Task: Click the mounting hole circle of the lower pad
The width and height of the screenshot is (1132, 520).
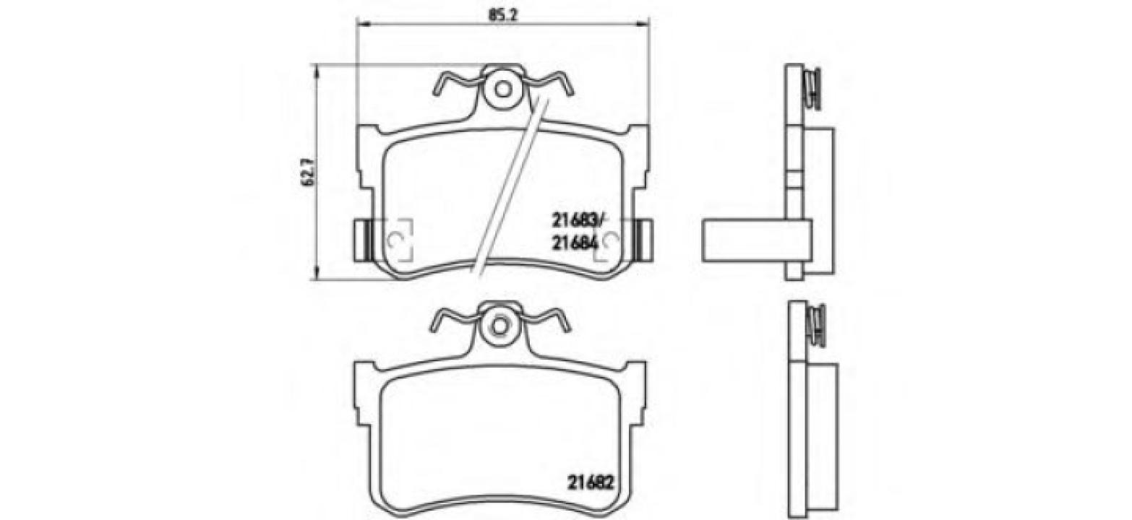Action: (497, 324)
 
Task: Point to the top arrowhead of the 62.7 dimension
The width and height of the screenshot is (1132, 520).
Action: (316, 69)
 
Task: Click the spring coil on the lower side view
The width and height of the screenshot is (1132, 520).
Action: (818, 325)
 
